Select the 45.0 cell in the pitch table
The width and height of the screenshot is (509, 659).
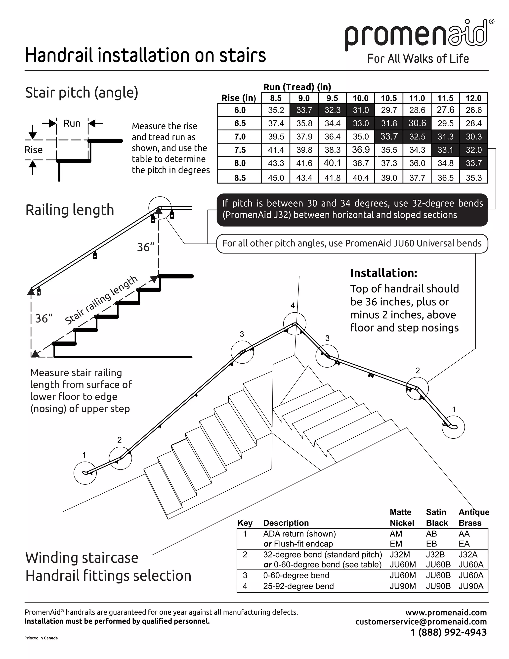coord(276,178)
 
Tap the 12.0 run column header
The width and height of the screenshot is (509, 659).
coord(473,98)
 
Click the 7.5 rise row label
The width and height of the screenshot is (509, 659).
coord(240,150)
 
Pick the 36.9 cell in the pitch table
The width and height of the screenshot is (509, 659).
coord(361,150)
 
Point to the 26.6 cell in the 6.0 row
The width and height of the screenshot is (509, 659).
coord(473,110)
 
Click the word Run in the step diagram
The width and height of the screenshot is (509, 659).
coord(72,123)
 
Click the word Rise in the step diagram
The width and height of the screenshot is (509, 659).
coord(34,150)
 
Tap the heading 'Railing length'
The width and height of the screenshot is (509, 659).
coord(70,210)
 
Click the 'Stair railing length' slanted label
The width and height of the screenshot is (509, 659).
coord(101,300)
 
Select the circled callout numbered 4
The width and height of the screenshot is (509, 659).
coord(295,324)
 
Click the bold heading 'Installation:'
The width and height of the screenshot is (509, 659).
coord(383,273)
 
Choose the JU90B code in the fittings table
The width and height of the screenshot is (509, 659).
coord(438,586)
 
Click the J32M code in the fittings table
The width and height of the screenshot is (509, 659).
coord(400,555)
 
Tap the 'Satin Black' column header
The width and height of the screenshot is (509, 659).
coord(437,518)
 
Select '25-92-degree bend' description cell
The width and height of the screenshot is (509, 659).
coord(298,586)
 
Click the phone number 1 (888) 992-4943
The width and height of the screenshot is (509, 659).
coord(449,632)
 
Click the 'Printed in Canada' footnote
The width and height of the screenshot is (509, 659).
coord(41,638)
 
